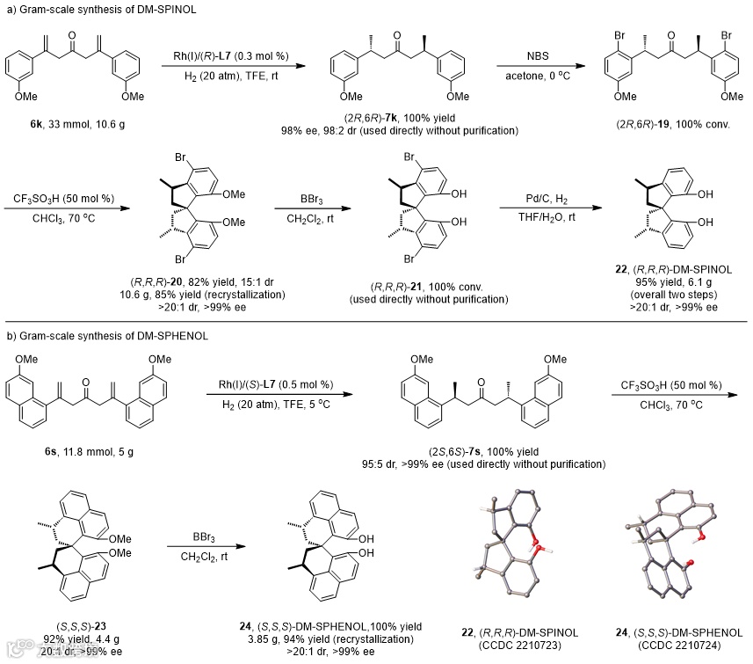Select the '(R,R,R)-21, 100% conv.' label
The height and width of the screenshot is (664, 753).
click(x=418, y=287)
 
